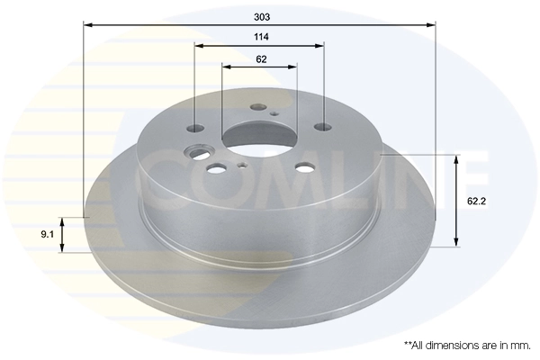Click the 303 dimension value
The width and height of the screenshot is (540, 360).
[x=262, y=16]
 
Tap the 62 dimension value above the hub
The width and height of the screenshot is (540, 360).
[x=261, y=59]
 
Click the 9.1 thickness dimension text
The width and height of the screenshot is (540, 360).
[x=46, y=236]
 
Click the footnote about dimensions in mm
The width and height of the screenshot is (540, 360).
[x=466, y=345]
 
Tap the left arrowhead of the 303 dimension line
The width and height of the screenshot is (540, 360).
[x=87, y=25]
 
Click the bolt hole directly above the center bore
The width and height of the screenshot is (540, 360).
[x=258, y=106]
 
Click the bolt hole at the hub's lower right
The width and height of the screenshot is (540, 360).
[x=306, y=166]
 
